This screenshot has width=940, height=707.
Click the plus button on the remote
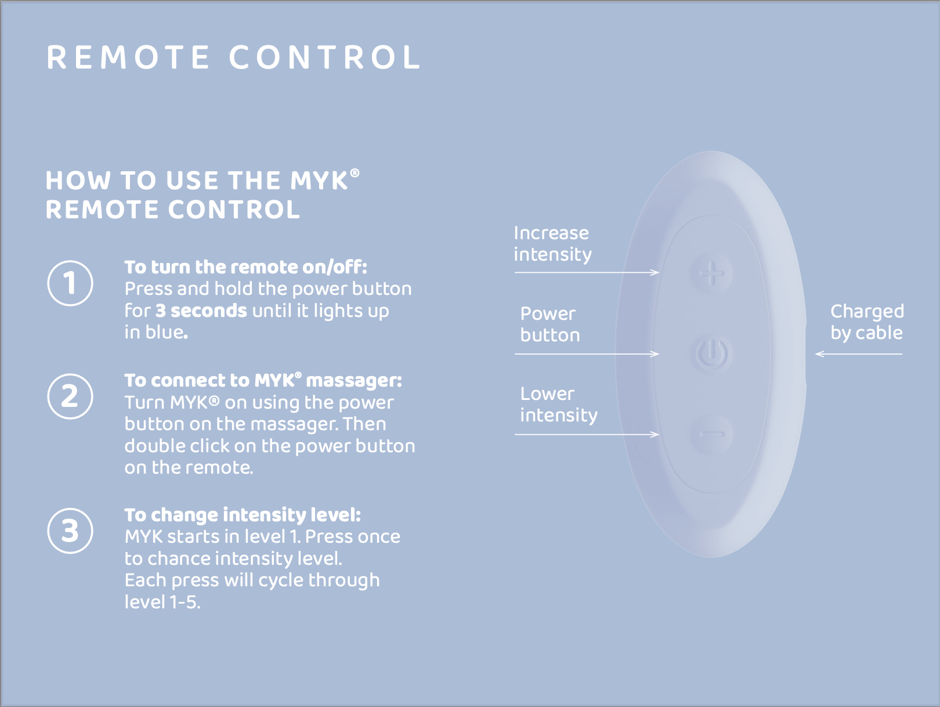tap(711, 273)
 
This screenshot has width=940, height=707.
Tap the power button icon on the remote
tap(711, 353)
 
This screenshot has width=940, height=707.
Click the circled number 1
tap(70, 283)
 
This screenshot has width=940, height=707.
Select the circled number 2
tap(70, 396)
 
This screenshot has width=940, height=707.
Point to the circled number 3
tap(70, 531)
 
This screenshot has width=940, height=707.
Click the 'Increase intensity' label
tap(552, 244)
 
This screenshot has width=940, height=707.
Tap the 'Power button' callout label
tap(550, 324)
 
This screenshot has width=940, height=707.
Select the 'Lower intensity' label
tap(558, 405)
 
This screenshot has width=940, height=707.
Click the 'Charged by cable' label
tap(867, 322)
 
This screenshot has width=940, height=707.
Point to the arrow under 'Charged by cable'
tap(859, 353)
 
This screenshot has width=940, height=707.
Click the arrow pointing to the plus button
tap(587, 272)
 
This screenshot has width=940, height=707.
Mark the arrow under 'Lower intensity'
tap(587, 434)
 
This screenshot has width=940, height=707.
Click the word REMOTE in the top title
tap(128, 57)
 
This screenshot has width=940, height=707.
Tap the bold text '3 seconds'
tap(201, 311)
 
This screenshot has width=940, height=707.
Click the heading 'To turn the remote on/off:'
tap(246, 267)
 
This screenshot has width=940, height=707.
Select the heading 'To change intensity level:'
tap(243, 515)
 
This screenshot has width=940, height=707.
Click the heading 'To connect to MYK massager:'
tap(263, 380)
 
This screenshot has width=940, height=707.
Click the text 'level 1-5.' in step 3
tap(162, 602)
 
